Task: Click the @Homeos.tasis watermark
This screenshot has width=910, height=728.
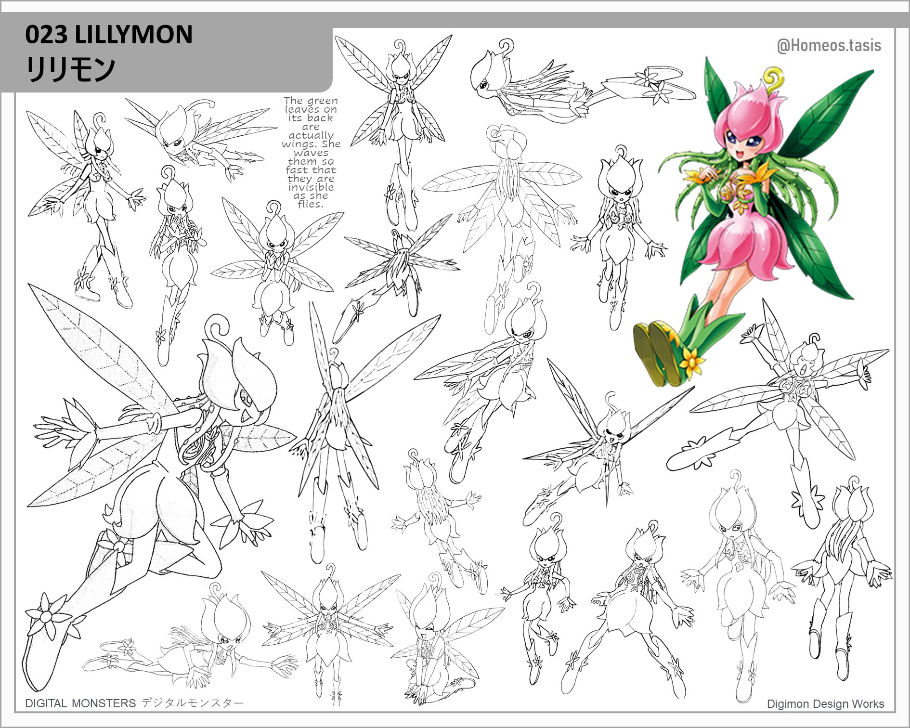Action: (829, 46)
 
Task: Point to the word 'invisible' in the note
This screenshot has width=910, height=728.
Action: (311, 187)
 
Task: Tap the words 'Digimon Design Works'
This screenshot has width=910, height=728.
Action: (826, 704)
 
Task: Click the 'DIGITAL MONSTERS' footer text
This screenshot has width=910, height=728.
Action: (80, 703)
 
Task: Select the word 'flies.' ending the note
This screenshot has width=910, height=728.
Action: (310, 204)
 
